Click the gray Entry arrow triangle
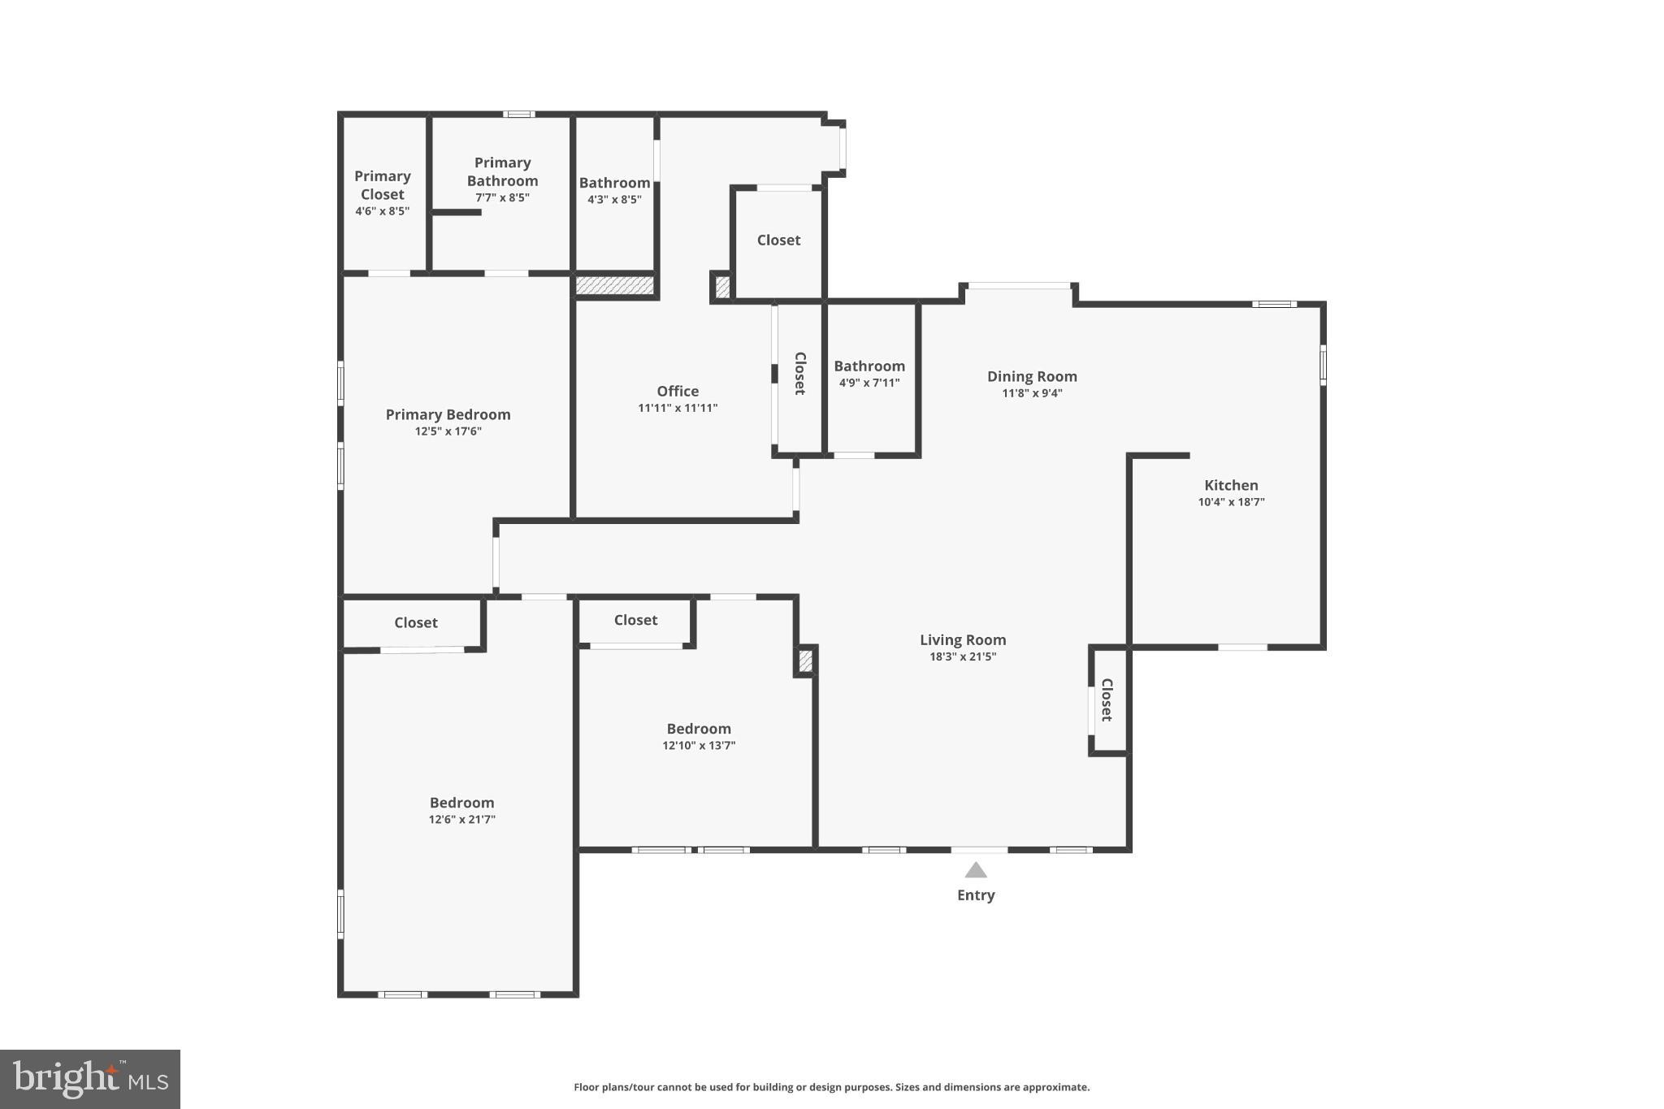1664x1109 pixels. [x=976, y=871]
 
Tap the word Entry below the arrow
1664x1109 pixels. [x=976, y=895]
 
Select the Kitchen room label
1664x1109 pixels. [x=1231, y=485]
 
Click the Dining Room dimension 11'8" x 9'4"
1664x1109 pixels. [x=1032, y=393]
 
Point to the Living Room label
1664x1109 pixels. [x=963, y=640]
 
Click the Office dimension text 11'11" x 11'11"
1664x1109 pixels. [x=678, y=408]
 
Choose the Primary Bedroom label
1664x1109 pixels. [x=448, y=414]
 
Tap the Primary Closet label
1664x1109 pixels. [x=382, y=185]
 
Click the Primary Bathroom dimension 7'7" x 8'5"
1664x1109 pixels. [x=502, y=197]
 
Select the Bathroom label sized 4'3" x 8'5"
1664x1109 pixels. [x=614, y=183]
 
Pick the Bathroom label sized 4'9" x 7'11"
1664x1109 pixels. [x=869, y=366]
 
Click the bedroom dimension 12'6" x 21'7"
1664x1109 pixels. [x=461, y=820]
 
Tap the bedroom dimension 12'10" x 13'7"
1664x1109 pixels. [x=699, y=746]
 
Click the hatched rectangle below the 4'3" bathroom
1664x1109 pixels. [x=614, y=285]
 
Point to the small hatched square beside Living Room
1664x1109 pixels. [x=805, y=661]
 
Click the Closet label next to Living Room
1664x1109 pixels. [x=1107, y=700]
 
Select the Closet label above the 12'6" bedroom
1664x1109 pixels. [x=416, y=623]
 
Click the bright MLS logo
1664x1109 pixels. [x=90, y=1079]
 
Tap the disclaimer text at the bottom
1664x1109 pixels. [x=831, y=1087]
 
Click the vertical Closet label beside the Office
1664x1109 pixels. [x=799, y=373]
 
